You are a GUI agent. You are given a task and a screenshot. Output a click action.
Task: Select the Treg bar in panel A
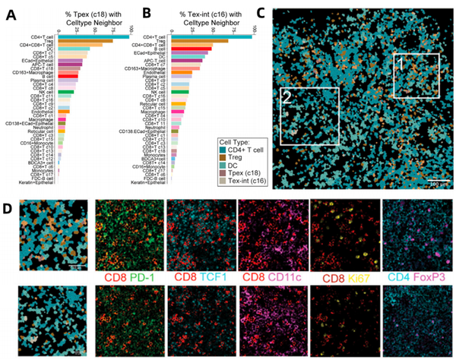84,40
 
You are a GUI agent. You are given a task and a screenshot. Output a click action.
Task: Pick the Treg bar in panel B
198,40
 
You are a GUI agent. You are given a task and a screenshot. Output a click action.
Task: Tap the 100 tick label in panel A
131,29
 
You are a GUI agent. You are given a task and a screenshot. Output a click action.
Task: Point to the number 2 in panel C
287,97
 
